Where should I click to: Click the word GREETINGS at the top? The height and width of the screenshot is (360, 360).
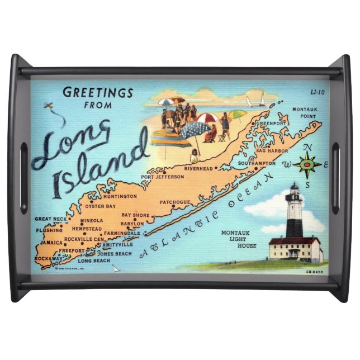pos(98,93)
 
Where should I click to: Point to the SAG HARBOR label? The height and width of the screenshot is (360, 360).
pos(272,151)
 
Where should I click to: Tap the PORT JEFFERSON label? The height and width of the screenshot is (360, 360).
pos(162,177)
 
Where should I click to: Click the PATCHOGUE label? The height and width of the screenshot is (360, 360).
pos(176,202)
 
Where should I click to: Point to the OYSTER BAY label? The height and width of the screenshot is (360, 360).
pos(101,206)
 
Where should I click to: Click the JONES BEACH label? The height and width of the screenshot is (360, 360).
pos(115,253)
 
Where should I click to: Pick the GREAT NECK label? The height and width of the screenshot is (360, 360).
pos(51,219)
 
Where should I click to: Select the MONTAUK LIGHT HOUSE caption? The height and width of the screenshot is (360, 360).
pos(239,239)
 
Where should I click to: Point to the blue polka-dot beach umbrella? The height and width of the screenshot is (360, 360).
pos(195,130)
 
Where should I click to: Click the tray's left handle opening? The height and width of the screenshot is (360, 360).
pos(23,178)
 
